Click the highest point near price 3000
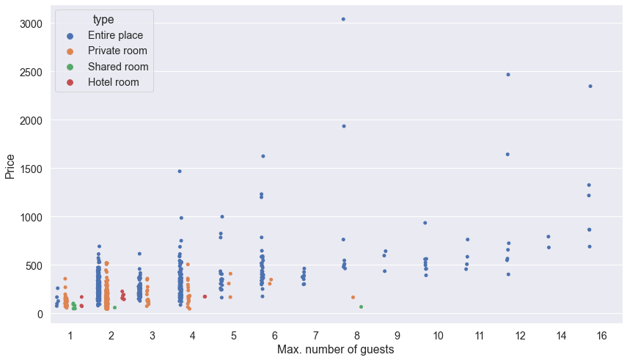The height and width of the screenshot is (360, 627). click(x=343, y=19)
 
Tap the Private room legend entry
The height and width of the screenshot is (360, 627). click(x=117, y=51)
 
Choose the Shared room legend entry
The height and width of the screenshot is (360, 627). click(x=117, y=67)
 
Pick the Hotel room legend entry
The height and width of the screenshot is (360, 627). click(x=113, y=83)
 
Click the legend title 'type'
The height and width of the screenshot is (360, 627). click(x=103, y=19)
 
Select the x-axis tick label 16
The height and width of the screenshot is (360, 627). click(x=601, y=335)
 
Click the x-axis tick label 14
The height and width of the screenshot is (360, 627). click(x=561, y=335)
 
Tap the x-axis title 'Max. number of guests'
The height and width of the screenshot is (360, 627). click(x=335, y=350)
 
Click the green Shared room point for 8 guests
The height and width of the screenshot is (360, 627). click(x=361, y=306)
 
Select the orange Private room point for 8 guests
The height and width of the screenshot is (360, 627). click(x=353, y=298)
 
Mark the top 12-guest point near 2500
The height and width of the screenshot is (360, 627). click(x=507, y=75)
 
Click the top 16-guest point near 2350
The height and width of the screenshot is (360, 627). click(x=590, y=87)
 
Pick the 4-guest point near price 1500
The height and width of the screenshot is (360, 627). click(x=180, y=172)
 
